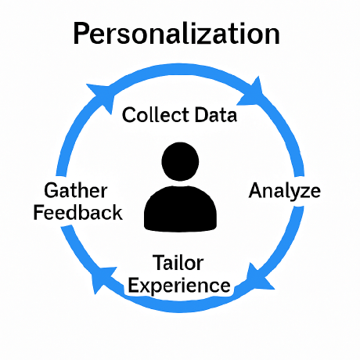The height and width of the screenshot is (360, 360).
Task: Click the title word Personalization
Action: point(176,34)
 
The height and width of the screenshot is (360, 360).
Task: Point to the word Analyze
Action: point(285,192)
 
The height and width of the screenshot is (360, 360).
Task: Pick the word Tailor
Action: point(178,263)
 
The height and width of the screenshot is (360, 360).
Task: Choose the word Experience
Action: point(179,286)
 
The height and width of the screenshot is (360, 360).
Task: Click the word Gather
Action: point(76,190)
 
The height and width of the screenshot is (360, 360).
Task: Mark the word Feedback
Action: point(78,213)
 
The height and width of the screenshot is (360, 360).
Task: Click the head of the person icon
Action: point(180,161)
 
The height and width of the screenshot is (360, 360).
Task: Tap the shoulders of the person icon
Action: point(180,209)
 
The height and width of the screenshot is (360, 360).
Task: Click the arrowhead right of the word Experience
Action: point(258,278)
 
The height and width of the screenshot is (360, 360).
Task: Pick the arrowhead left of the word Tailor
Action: point(103,279)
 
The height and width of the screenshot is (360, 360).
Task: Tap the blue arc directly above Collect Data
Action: point(180,68)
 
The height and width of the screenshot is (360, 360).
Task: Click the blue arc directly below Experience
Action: point(180,308)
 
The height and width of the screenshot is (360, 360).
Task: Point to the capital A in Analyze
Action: point(256,190)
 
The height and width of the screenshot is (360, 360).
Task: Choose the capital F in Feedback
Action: point(39,213)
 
